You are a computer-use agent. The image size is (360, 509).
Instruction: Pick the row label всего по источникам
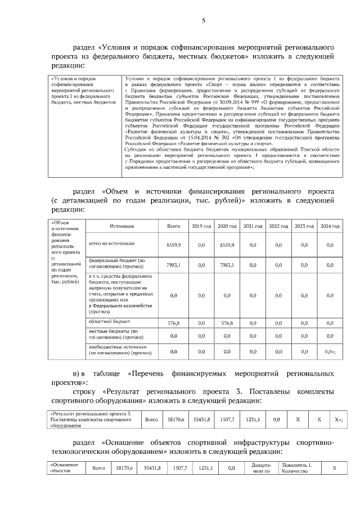point(112,244)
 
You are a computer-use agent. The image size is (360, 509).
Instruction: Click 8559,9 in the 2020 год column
point(227,245)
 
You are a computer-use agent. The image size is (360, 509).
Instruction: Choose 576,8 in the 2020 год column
point(227,323)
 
